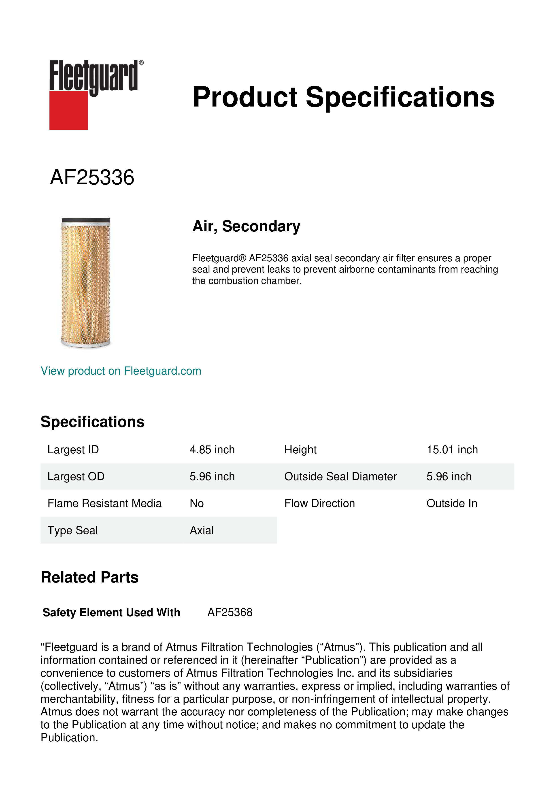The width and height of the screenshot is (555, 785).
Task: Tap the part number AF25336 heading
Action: pos(92,177)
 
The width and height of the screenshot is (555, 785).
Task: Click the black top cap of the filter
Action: pos(86,220)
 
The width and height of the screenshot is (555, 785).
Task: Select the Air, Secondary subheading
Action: pos(246,226)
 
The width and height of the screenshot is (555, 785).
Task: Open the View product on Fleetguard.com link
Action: pos(121,371)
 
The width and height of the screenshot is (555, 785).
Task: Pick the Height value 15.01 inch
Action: pos(452,450)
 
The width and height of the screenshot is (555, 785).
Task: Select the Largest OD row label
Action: pos(76,476)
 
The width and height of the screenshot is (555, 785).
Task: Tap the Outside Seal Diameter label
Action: pos(340,476)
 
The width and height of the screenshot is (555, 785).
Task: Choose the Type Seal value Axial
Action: pos(202,530)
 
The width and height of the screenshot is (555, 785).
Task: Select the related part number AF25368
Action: pos(230,612)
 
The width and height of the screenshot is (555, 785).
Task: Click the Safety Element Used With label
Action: pos(111,612)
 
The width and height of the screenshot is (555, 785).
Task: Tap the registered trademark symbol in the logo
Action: pos(141,63)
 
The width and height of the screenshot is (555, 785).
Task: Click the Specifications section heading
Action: pos(92,422)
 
